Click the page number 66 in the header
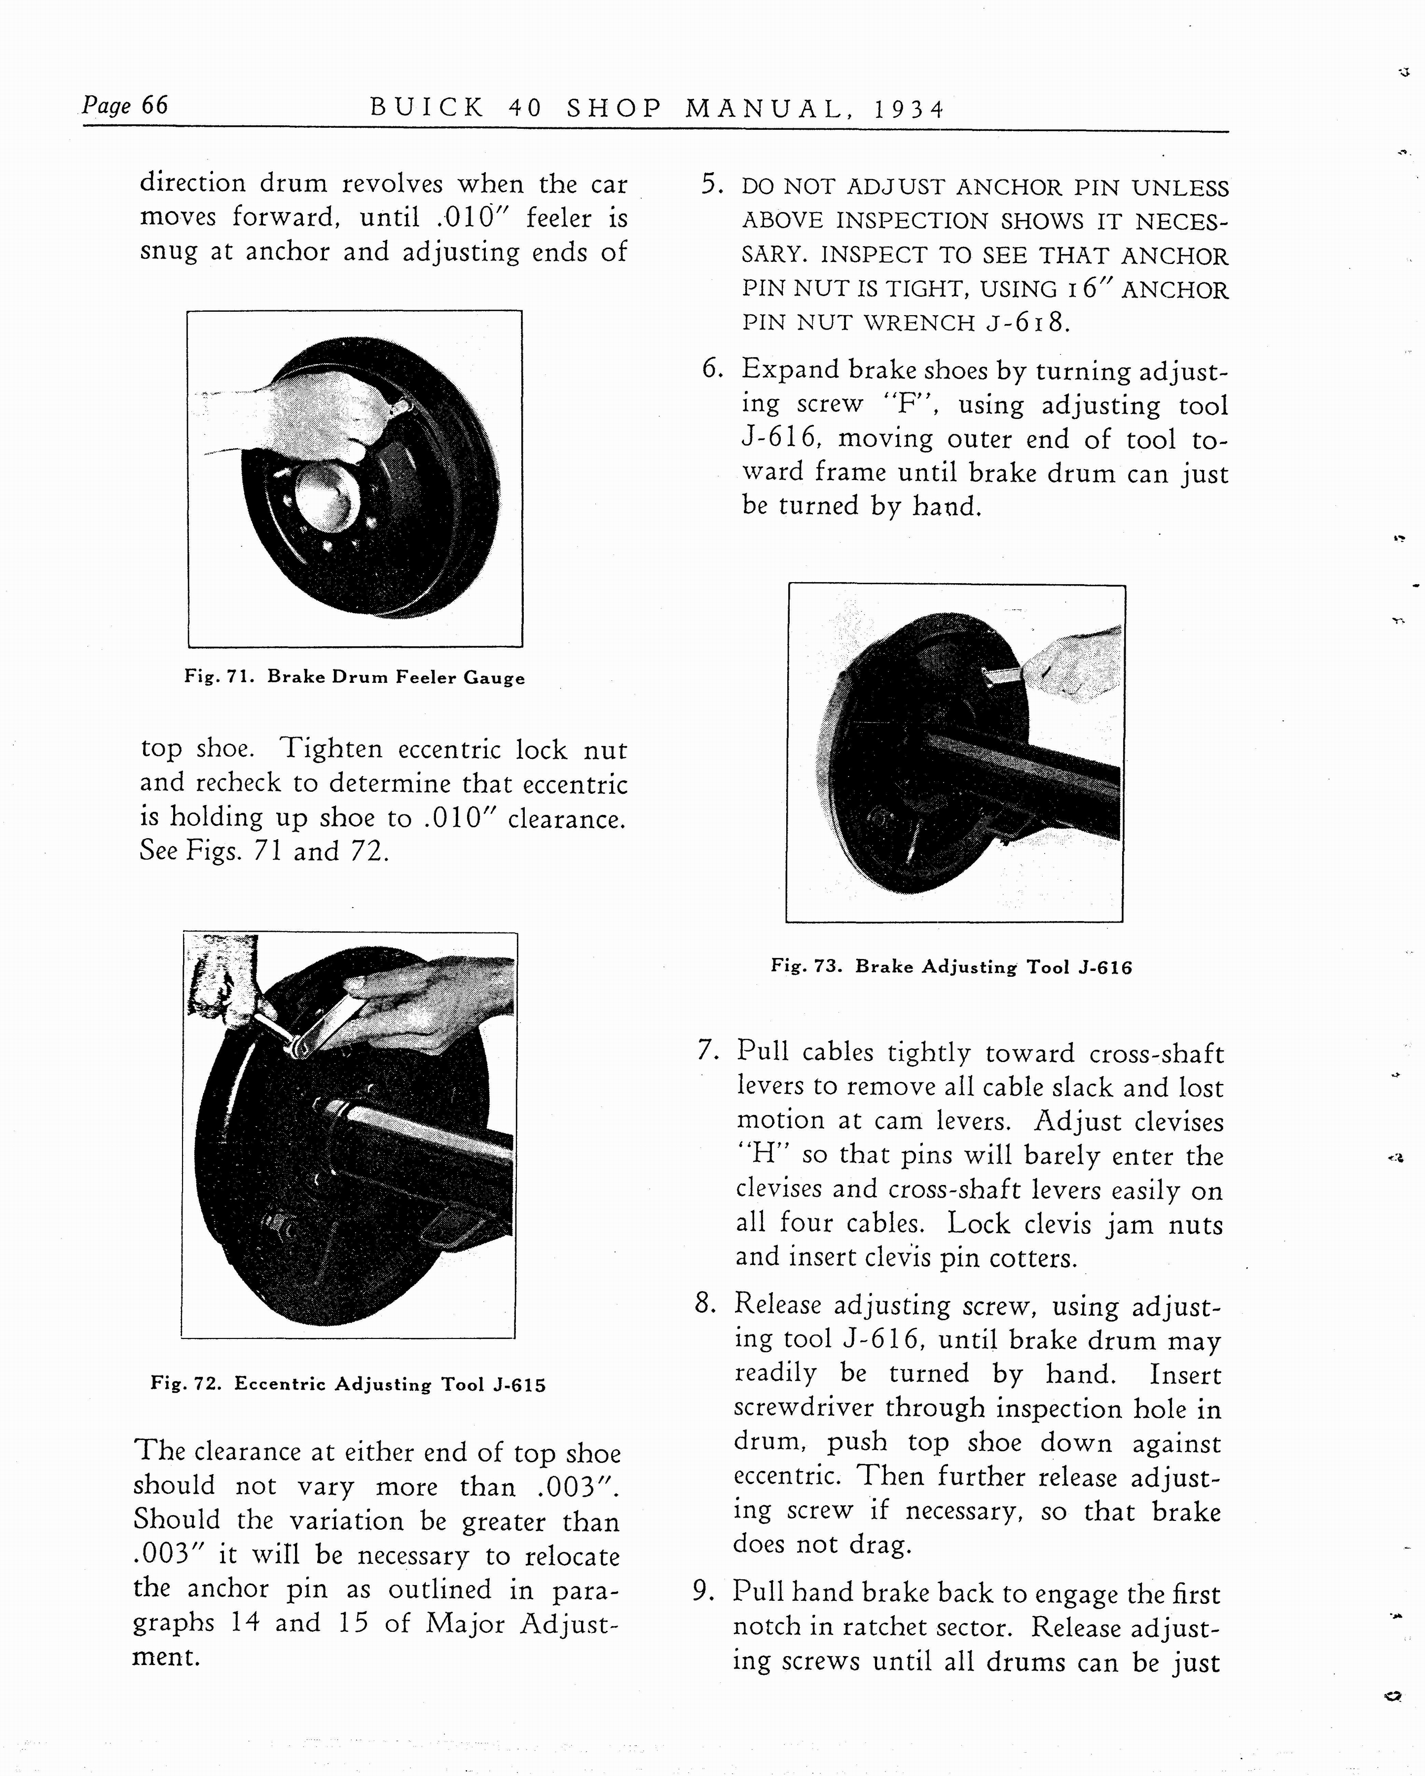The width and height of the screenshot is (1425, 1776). [154, 106]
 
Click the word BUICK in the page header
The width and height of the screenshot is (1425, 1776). [427, 108]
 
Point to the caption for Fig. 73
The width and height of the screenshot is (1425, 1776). [951, 966]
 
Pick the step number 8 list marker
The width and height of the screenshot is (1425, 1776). [704, 1303]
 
